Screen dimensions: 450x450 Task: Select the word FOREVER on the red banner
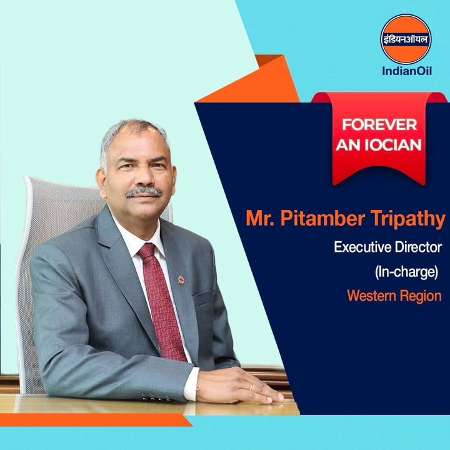[379, 124]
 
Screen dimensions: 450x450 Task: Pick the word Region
[422, 296]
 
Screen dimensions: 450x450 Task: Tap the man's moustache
[142, 191]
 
